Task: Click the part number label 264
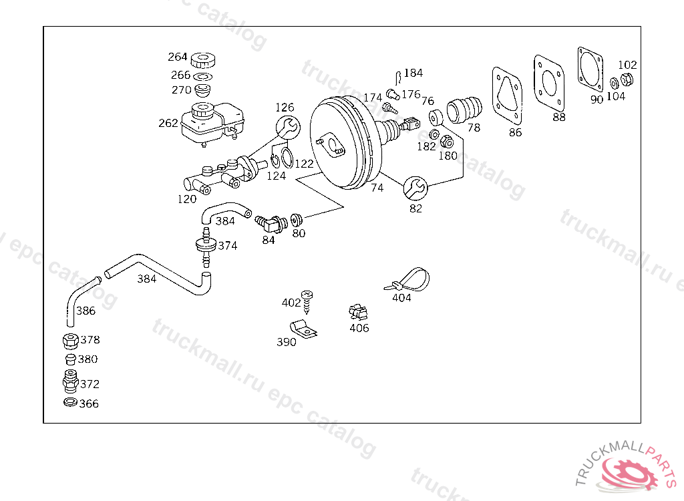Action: coord(178,57)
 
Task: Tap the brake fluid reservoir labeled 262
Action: coord(212,124)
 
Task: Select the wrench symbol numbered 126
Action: coord(288,128)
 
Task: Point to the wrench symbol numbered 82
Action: coord(415,188)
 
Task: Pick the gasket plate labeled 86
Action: coord(507,96)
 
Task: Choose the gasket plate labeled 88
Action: coord(549,83)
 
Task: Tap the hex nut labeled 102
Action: coord(627,79)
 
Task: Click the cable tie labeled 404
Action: coord(407,280)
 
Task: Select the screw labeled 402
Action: coord(307,302)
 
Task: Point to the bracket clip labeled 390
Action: coord(304,329)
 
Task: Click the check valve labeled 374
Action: coord(206,246)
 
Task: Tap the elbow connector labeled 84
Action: coord(271,223)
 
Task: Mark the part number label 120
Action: coord(187,199)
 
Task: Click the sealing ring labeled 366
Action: coord(70,402)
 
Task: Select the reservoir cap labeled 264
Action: coord(203,60)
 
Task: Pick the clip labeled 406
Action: coord(358,312)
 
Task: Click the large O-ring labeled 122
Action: coord(287,158)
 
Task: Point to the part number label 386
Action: coord(85,311)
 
